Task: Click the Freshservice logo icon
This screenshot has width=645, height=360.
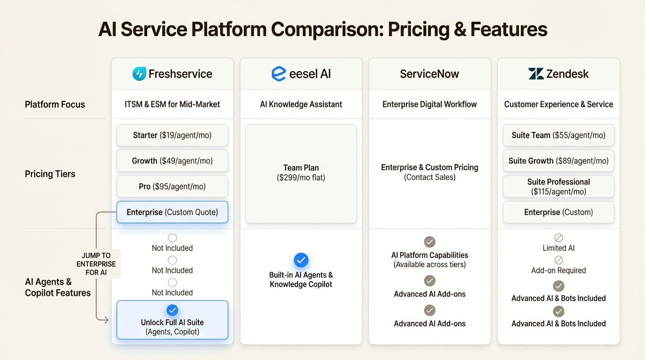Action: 139,74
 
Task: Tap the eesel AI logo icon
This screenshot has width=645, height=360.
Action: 278,74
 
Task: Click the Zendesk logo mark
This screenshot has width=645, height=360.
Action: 536,74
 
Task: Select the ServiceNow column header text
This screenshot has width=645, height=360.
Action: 429,74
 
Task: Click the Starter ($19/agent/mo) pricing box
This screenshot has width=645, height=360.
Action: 172,135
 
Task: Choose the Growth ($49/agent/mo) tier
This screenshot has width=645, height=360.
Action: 172,161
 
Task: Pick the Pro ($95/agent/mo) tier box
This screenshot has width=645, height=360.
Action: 172,187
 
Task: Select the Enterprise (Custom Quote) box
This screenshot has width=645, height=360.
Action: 172,212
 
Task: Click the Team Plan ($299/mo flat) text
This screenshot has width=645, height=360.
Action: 301,172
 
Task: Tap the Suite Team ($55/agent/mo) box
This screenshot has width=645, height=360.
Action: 558,135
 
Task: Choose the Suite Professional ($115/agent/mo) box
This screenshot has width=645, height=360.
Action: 558,187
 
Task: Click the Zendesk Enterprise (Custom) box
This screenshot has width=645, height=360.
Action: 558,212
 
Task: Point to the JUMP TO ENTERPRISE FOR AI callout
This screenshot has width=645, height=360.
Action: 96,264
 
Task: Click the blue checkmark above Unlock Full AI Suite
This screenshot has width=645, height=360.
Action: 172,310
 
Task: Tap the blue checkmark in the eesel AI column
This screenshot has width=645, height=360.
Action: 301,260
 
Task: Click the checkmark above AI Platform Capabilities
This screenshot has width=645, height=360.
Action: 429,242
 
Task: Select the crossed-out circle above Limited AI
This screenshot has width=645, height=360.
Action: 558,238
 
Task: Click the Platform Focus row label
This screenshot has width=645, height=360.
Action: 55,105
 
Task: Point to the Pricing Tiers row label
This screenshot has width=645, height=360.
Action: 50,174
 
